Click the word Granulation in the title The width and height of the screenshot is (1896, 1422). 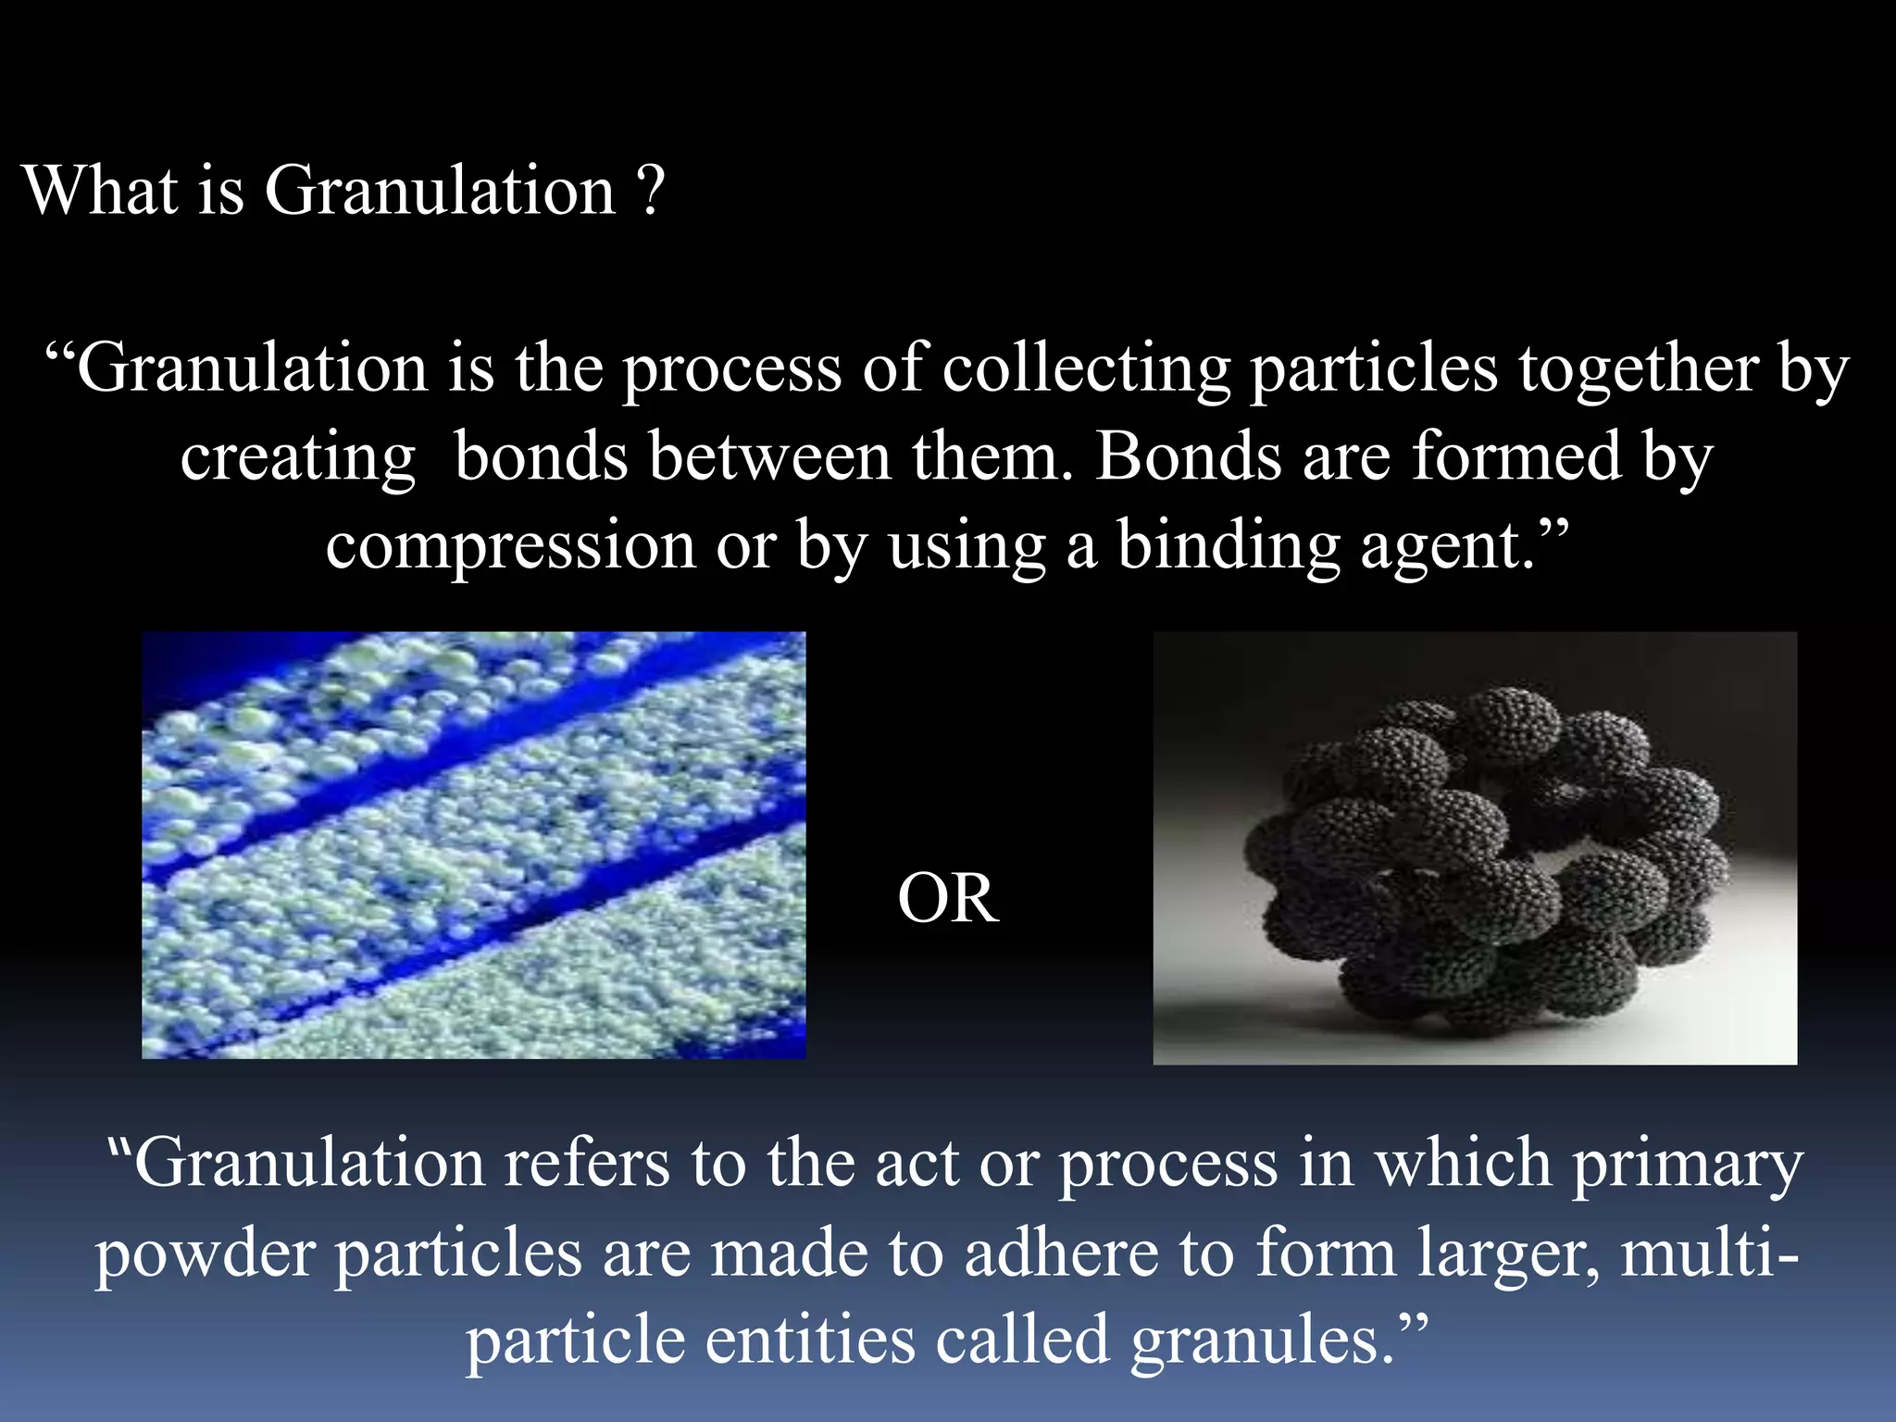[x=440, y=191]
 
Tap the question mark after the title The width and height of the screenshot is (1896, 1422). [x=651, y=191]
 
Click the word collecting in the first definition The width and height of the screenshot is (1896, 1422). [x=1086, y=368]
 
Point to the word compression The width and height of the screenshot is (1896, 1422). [x=510, y=546]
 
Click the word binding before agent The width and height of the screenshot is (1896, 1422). [x=1228, y=546]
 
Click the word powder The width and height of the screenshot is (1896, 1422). [x=205, y=1254]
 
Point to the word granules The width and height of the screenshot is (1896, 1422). [x=1261, y=1341]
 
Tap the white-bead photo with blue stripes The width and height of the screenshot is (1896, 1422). [x=473, y=844]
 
